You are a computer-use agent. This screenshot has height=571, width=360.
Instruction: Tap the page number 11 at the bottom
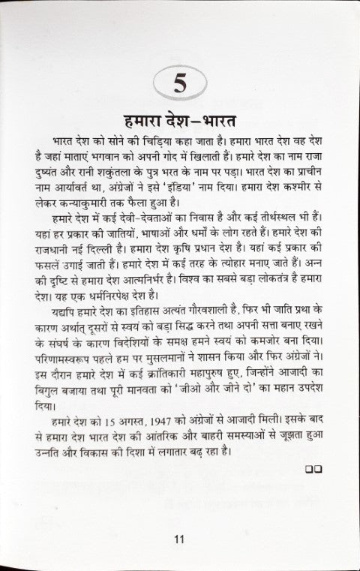point(178,538)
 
